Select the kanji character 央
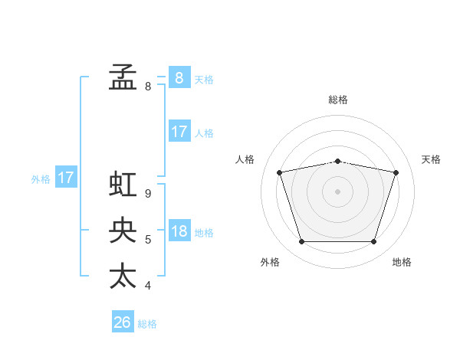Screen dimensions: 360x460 [123, 230]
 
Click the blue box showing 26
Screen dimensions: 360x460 [123, 322]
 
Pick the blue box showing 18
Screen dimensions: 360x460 [179, 231]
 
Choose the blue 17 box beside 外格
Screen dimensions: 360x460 [66, 178]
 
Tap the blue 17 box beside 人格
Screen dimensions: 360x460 [179, 132]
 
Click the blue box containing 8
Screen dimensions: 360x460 [179, 77]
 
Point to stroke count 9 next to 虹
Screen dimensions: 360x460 [148, 194]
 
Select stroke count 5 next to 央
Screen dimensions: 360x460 [148, 240]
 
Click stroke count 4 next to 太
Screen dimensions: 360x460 [148, 286]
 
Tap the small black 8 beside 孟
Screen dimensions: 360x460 [148, 87]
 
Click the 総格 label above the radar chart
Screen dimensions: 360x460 [338, 100]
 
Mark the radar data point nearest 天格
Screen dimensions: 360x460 [396, 172]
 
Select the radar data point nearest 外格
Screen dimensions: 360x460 [301, 242]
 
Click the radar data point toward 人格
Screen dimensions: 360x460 [280, 172]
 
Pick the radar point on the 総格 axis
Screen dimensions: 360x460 [338, 161]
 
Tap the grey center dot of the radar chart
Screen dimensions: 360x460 [338, 191]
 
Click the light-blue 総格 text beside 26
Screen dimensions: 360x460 [147, 324]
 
